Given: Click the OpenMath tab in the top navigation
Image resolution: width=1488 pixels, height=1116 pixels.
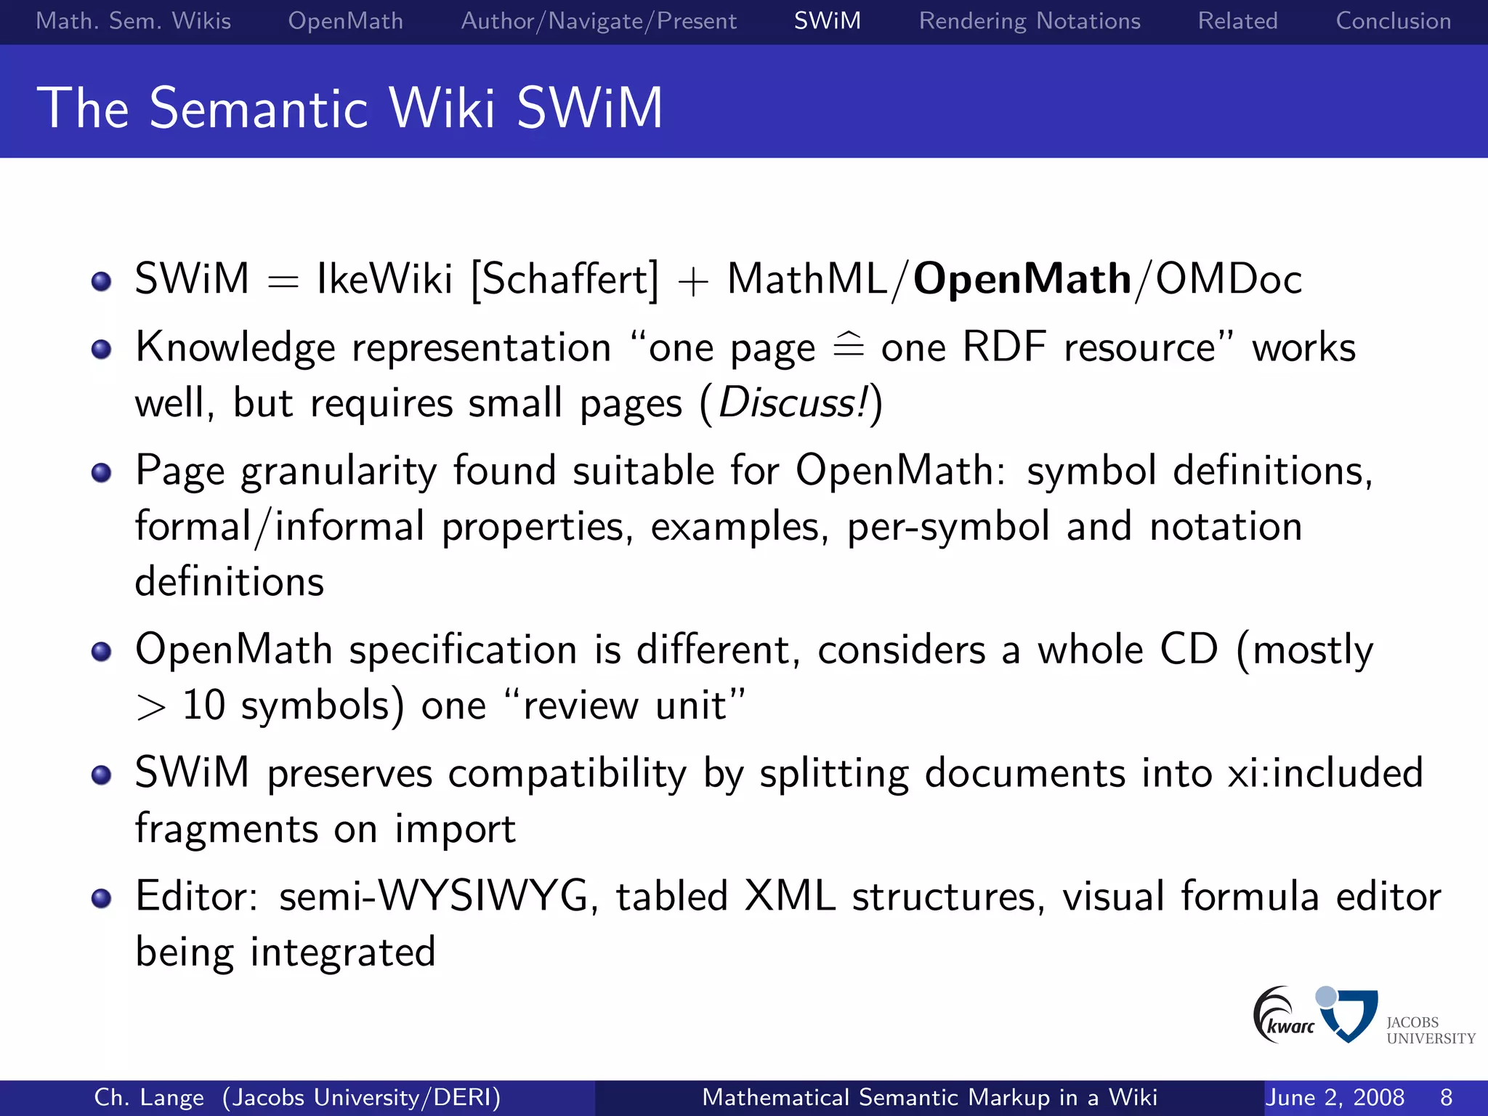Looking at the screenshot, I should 345,21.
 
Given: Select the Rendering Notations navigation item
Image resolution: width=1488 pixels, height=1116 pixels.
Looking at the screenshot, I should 1029,21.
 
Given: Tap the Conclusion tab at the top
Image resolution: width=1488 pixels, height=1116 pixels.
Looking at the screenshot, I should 1393,21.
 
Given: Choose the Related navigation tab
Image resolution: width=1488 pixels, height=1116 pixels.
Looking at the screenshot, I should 1237,21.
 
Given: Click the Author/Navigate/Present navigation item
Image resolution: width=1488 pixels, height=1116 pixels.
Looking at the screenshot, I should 599,21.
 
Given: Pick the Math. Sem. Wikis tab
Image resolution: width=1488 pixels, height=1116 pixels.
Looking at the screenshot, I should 134,21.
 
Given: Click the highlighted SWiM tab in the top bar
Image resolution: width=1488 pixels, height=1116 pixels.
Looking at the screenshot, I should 827,21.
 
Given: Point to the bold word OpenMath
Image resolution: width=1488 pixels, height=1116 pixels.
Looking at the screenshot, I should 1022,279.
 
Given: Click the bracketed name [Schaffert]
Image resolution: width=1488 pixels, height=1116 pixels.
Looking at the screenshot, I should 565,279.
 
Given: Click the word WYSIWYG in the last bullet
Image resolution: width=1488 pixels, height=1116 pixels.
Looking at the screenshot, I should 483,896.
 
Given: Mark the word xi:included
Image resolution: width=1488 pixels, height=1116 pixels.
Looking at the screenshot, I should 1325,772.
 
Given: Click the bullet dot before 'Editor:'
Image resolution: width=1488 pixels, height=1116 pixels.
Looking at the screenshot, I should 102,899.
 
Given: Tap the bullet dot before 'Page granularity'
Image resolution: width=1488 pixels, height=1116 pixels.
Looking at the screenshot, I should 102,473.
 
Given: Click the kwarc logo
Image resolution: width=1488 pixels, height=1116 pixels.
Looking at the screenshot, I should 1282,1016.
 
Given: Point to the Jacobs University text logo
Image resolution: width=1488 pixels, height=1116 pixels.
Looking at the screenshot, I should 1429,1030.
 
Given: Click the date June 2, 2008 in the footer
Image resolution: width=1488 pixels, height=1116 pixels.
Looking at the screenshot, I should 1334,1097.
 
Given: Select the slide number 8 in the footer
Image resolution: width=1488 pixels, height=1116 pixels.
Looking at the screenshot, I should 1446,1097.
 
